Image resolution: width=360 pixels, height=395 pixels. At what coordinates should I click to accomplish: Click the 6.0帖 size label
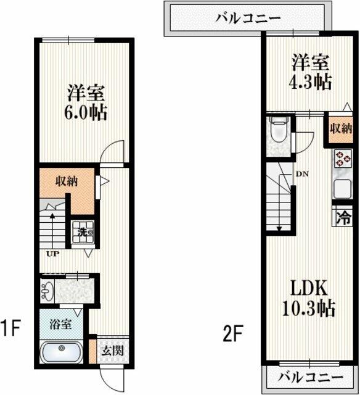(86, 113)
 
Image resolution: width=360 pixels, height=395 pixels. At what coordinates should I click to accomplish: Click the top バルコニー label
(243, 17)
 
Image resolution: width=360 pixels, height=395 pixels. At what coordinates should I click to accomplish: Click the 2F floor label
(233, 335)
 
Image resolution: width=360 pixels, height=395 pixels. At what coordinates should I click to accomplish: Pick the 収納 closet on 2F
(340, 130)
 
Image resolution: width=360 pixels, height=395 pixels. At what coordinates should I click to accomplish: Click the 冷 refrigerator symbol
(343, 218)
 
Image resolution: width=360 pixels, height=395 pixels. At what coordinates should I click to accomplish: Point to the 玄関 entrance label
(112, 351)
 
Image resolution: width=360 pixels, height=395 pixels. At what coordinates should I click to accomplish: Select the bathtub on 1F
(62, 354)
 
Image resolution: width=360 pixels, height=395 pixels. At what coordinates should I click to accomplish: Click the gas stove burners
(341, 160)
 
